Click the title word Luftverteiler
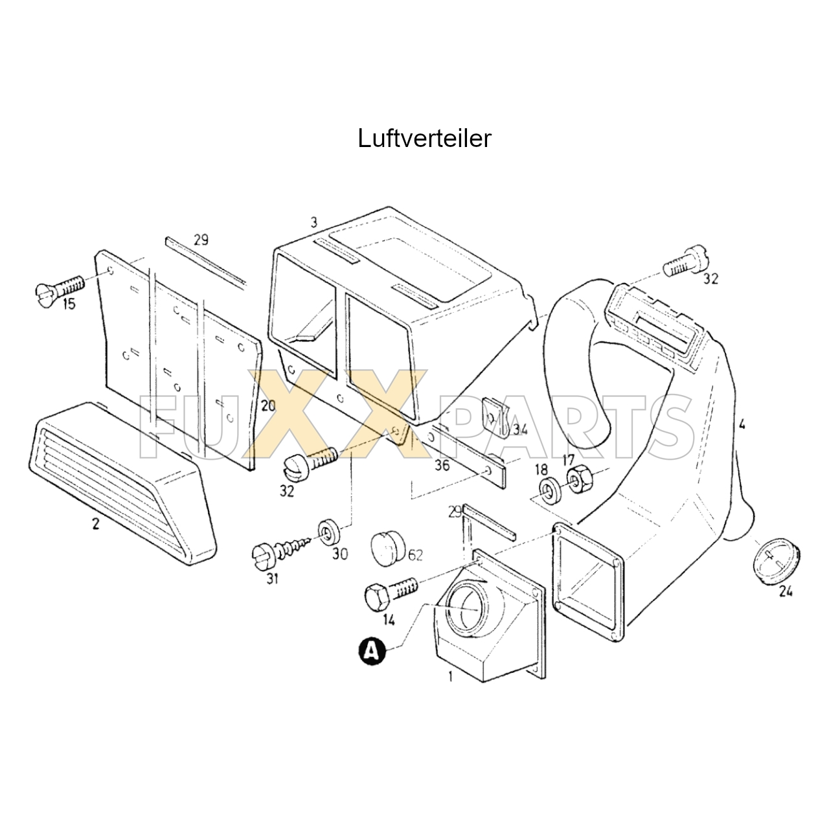point(424,139)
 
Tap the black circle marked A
point(370,650)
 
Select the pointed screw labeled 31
point(281,552)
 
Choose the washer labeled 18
point(549,490)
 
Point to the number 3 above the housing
point(314,223)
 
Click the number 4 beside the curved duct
point(742,425)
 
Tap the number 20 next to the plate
point(268,406)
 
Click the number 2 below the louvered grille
point(95,524)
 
